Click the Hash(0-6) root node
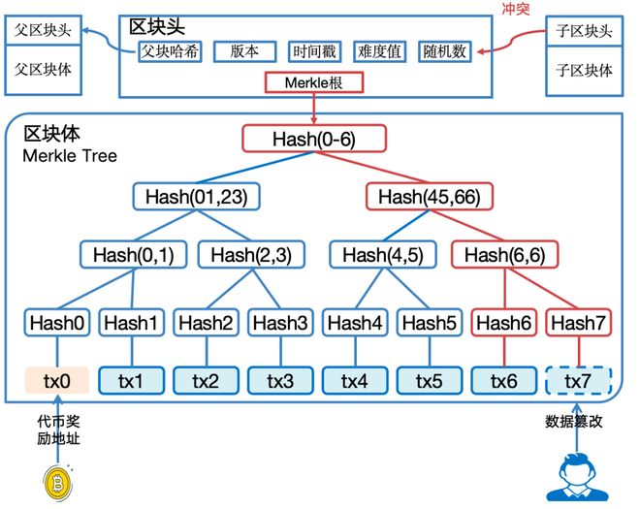click(314, 139)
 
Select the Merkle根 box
click(313, 81)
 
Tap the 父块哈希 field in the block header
click(170, 51)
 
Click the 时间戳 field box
click(316, 51)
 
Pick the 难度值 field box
click(381, 51)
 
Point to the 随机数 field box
click(445, 51)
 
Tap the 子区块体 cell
click(583, 70)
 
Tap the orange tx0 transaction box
click(57, 381)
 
